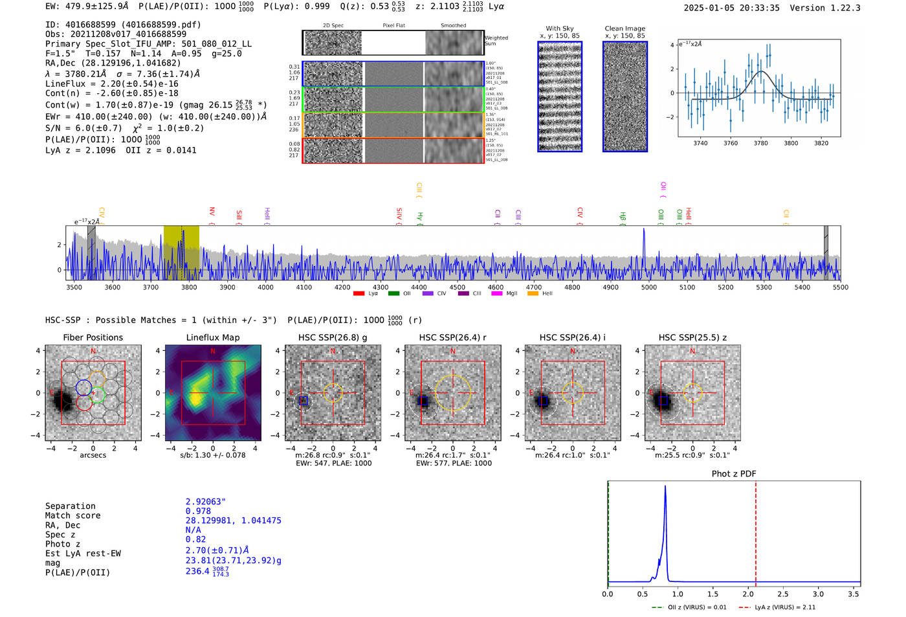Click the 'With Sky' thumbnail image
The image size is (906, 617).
click(x=560, y=96)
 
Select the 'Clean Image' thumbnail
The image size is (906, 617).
click(x=625, y=96)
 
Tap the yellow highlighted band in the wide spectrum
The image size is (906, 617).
click(x=181, y=252)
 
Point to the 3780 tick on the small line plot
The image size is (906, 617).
click(x=761, y=143)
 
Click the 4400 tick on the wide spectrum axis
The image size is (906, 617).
click(x=419, y=287)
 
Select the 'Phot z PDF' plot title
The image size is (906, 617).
click(x=734, y=474)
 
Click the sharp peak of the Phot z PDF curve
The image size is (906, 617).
click(x=665, y=487)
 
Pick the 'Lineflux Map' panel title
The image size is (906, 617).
click(x=213, y=337)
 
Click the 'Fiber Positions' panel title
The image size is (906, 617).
click(x=93, y=337)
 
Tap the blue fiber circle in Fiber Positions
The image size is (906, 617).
click(x=83, y=388)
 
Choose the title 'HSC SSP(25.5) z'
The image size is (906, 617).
click(x=692, y=337)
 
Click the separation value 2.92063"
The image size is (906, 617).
click(x=206, y=502)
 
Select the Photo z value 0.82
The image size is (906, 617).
click(x=195, y=539)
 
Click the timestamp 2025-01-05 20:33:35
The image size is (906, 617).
click(x=731, y=8)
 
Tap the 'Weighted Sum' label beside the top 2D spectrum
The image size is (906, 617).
click(x=496, y=41)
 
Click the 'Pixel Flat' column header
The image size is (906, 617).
click(x=393, y=25)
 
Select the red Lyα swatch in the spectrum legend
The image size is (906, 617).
click(x=359, y=293)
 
